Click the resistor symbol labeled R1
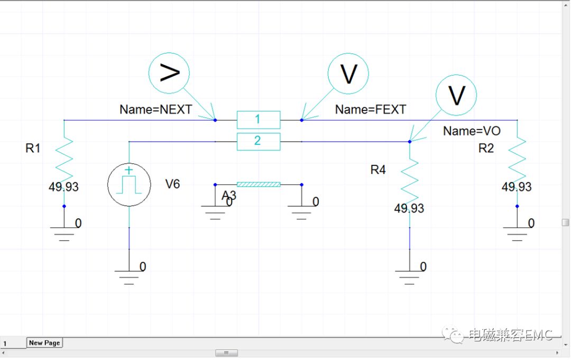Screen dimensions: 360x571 pyautogui.click(x=64, y=159)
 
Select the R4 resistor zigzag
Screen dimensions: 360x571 pyautogui.click(x=410, y=180)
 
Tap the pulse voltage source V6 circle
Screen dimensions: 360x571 pyautogui.click(x=129, y=184)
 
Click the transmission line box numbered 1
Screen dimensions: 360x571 pyautogui.click(x=258, y=120)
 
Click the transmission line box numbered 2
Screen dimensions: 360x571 pyautogui.click(x=258, y=141)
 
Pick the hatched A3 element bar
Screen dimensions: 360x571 pyautogui.click(x=258, y=184)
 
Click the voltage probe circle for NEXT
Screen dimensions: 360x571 pyautogui.click(x=169, y=73)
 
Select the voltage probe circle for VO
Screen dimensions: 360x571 pyautogui.click(x=456, y=95)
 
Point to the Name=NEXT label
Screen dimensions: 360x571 pyautogui.click(x=155, y=109)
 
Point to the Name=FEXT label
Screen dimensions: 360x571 pyautogui.click(x=371, y=109)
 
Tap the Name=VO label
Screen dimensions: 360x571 pyautogui.click(x=472, y=131)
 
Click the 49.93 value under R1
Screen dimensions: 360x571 pyautogui.click(x=64, y=187)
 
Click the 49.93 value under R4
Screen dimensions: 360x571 pyautogui.click(x=409, y=208)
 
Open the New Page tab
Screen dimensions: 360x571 pyautogui.click(x=44, y=343)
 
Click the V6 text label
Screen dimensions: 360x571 pyautogui.click(x=173, y=184)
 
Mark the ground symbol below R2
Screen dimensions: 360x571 pyautogui.click(x=517, y=232)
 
